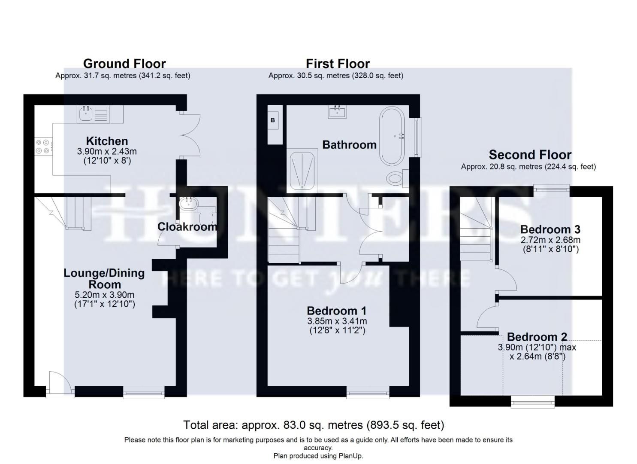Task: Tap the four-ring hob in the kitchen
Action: (43, 146)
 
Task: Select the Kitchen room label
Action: (107, 141)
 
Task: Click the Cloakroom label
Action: (187, 226)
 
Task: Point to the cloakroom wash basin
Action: (187, 203)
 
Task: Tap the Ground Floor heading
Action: (124, 64)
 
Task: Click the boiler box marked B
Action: (273, 121)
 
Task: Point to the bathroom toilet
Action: (397, 178)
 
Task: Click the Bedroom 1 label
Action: (337, 311)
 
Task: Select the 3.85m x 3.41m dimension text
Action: (337, 321)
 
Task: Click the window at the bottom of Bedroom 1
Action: (368, 392)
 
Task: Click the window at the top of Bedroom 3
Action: (552, 190)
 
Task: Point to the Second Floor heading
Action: (530, 155)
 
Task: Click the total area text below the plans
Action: (314, 425)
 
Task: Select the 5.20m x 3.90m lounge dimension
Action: (105, 295)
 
